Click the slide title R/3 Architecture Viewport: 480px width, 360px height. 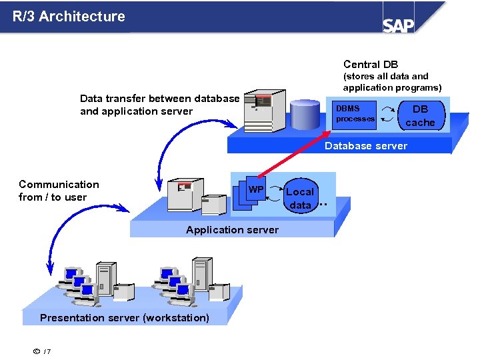click(x=69, y=17)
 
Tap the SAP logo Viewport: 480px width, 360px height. click(x=398, y=25)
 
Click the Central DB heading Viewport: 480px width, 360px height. click(x=371, y=65)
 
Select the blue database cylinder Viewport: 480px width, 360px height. click(x=305, y=114)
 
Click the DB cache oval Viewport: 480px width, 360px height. click(x=420, y=115)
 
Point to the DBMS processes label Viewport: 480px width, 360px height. click(x=355, y=113)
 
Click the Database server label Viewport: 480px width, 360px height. click(x=365, y=146)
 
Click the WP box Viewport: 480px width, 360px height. click(x=255, y=190)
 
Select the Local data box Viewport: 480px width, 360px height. click(x=300, y=198)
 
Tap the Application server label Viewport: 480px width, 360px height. click(x=232, y=230)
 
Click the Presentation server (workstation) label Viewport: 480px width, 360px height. click(x=125, y=318)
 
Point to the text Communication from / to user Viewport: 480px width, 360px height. click(x=59, y=191)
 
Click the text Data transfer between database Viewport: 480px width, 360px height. click(x=159, y=99)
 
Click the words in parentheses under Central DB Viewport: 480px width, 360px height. click(x=392, y=82)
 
